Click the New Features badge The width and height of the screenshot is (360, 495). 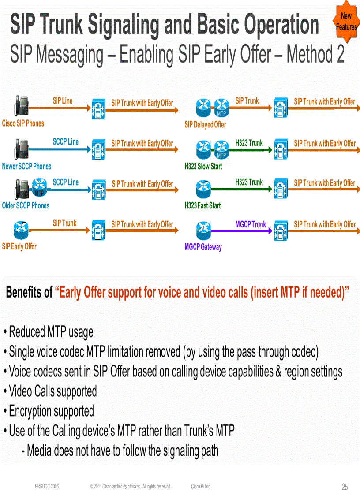[346, 22]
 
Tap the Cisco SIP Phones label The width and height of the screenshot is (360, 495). [23, 123]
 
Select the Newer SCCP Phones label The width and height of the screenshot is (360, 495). [26, 167]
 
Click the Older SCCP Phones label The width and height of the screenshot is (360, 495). [26, 205]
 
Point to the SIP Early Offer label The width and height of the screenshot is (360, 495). [19, 246]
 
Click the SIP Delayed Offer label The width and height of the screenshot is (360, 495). [205, 125]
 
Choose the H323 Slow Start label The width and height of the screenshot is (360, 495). [203, 167]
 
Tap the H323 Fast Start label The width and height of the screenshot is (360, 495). [202, 205]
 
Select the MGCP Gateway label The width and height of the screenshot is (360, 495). [203, 247]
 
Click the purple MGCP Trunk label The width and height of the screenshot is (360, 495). [251, 225]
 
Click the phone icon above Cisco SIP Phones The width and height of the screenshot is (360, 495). [22, 105]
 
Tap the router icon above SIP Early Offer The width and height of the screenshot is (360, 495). [20, 228]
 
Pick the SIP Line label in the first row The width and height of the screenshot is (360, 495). [63, 101]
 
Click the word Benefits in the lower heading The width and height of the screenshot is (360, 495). [29, 292]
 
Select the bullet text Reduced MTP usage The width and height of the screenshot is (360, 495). [51, 331]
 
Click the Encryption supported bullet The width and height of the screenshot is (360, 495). [51, 411]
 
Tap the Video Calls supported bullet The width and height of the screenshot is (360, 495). [52, 391]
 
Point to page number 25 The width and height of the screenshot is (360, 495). [345, 487]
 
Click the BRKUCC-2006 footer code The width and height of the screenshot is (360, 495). [47, 486]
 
